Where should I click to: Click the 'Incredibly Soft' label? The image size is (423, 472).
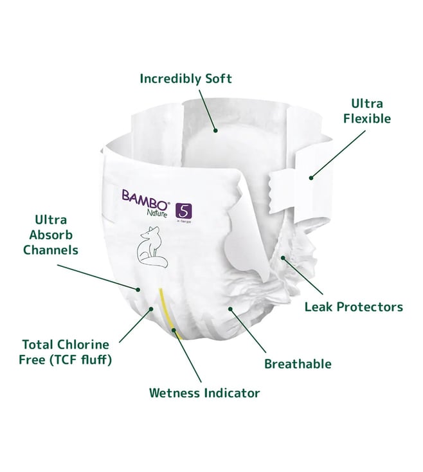click(x=186, y=79)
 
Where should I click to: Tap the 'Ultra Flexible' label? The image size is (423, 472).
click(x=367, y=111)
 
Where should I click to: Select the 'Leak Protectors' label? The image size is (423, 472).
click(x=354, y=307)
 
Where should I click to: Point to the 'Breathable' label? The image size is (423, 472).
click(x=298, y=364)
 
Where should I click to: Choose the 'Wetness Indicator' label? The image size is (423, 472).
click(x=204, y=393)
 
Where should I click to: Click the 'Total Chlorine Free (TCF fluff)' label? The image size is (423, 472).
click(x=66, y=352)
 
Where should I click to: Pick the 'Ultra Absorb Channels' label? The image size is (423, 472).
click(x=51, y=235)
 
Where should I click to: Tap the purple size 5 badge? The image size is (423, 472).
click(x=183, y=210)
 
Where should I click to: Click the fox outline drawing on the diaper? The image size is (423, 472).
click(x=152, y=246)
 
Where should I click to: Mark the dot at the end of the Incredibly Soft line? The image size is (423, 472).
click(x=215, y=131)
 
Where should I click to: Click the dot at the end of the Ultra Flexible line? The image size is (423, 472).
click(x=311, y=178)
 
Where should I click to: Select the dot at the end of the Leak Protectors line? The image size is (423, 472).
click(x=283, y=258)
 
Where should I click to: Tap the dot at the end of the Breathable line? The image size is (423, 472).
click(x=230, y=309)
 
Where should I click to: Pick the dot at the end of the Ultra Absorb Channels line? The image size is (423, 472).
click(x=138, y=289)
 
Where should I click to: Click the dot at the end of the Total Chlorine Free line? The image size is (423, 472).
click(x=151, y=309)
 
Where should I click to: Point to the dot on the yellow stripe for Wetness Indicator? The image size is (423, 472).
click(x=174, y=330)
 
